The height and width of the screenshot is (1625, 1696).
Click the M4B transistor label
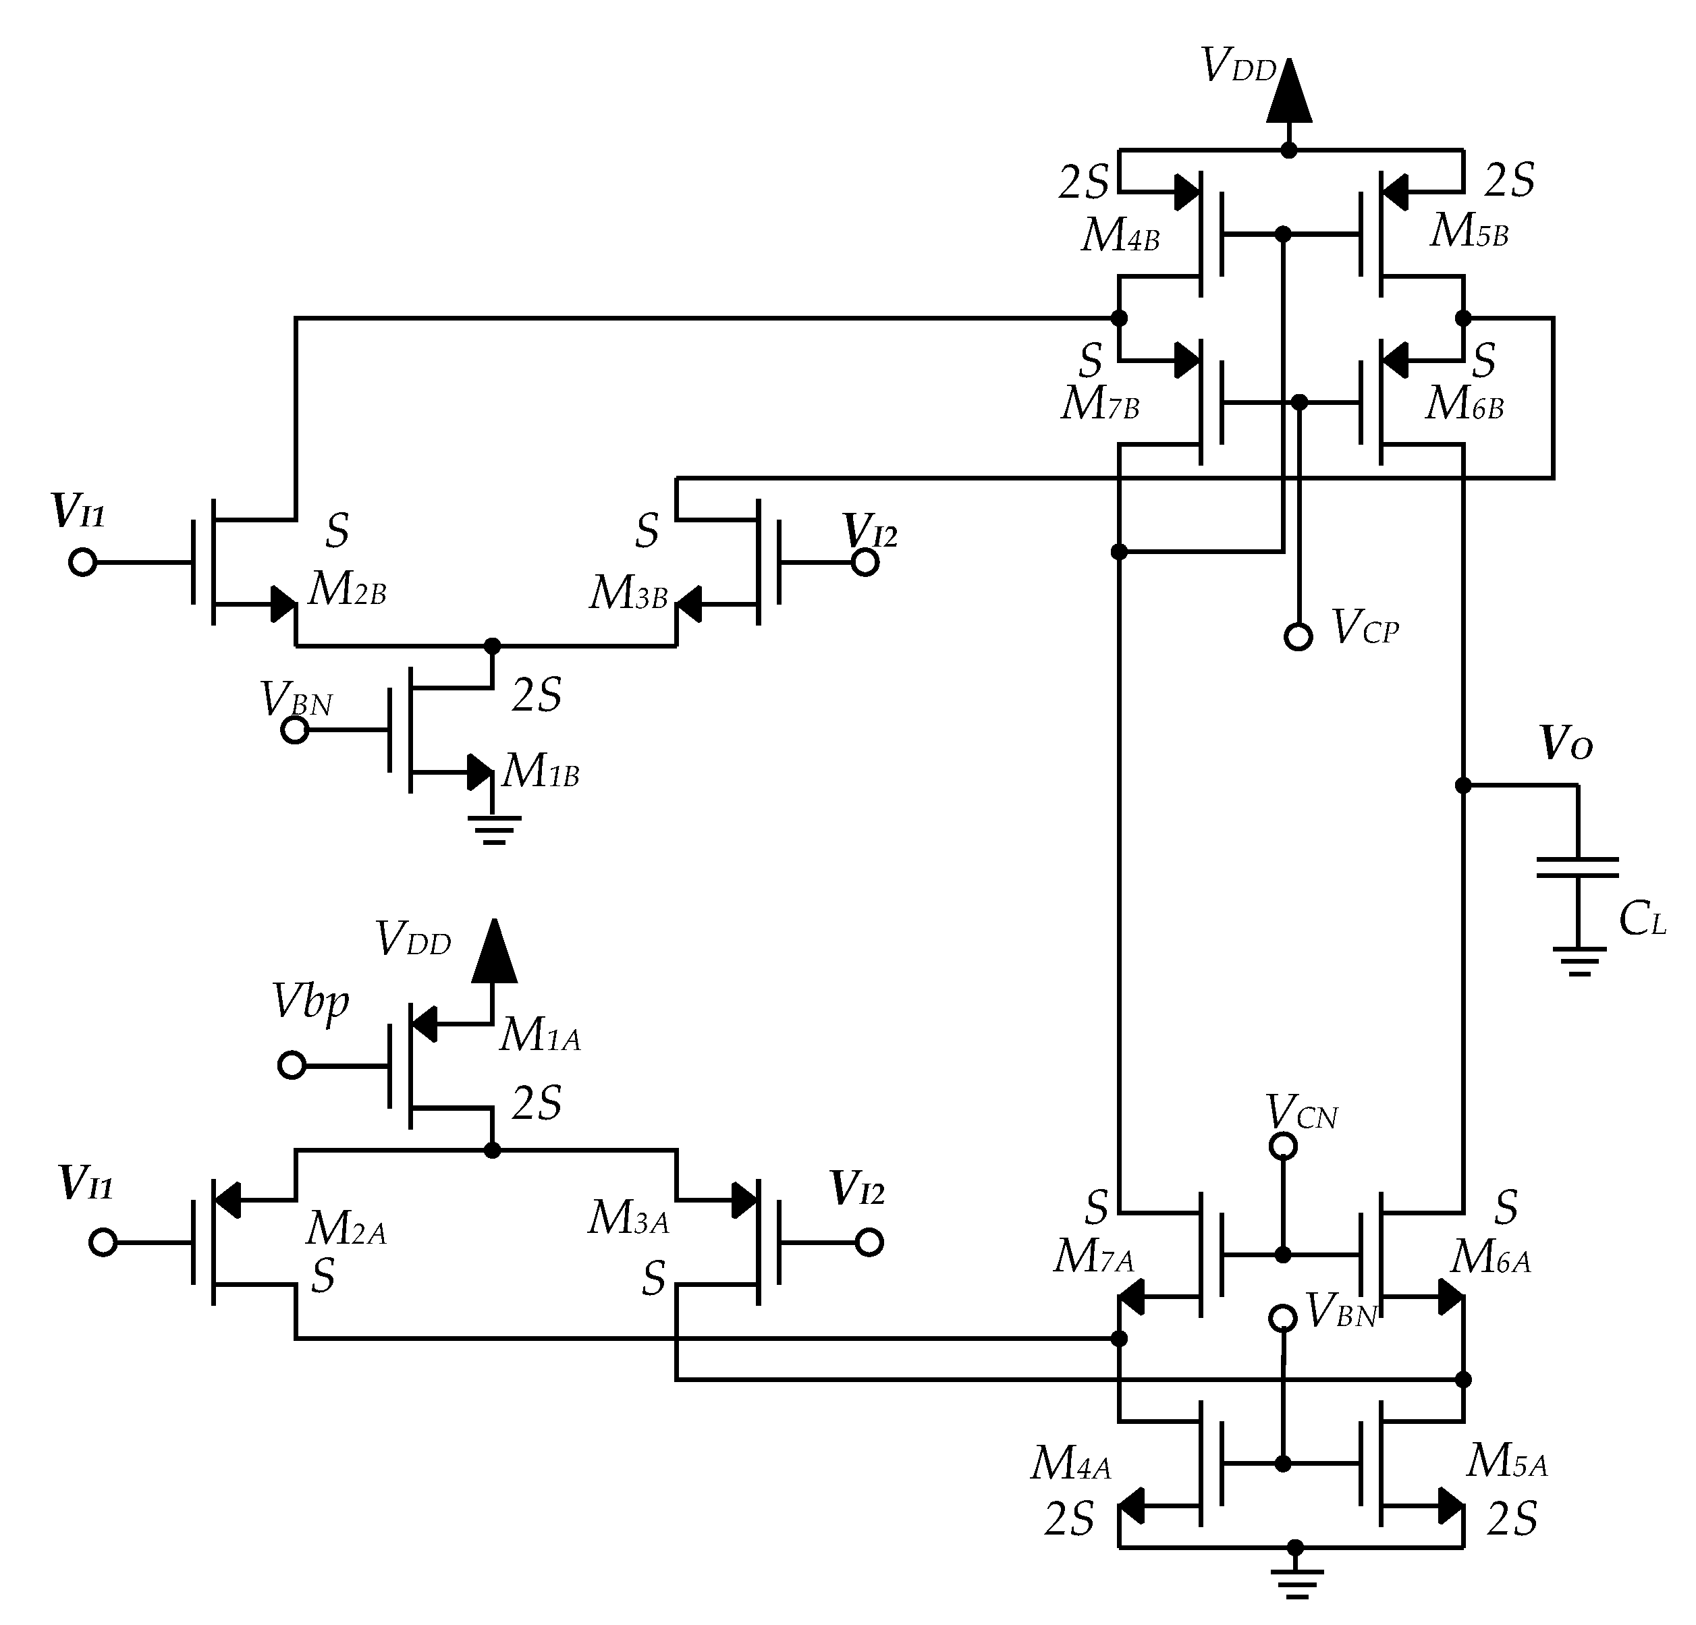point(1120,236)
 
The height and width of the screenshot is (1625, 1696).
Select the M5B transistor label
point(1469,232)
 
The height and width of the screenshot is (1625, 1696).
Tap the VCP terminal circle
point(1298,637)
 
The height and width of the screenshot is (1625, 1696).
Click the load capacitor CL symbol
point(1577,867)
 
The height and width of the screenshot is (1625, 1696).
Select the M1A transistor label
point(539,1035)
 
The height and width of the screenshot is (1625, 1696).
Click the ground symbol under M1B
point(493,829)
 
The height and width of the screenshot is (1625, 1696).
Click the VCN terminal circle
point(1282,1147)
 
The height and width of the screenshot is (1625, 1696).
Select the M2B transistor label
point(347,590)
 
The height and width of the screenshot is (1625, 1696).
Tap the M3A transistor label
point(628,1218)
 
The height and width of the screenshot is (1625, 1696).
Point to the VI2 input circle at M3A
point(869,1242)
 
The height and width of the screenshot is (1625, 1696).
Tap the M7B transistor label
point(1100,404)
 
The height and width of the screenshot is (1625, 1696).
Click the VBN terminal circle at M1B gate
point(295,730)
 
